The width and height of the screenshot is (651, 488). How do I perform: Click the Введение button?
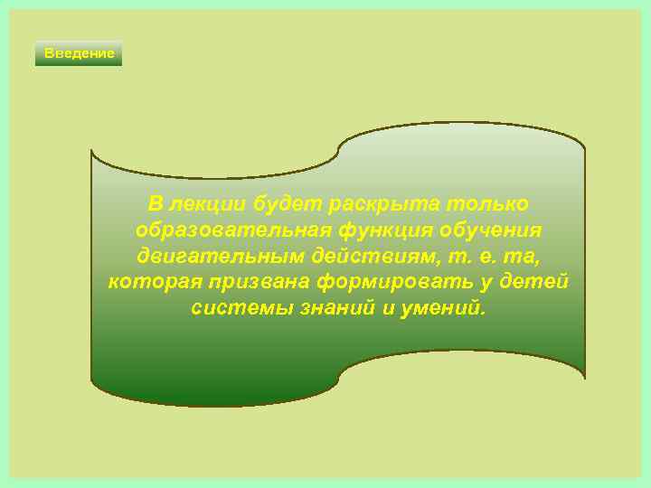(79, 53)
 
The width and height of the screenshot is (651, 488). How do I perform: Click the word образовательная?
(231, 229)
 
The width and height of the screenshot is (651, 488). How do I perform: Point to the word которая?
(155, 282)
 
